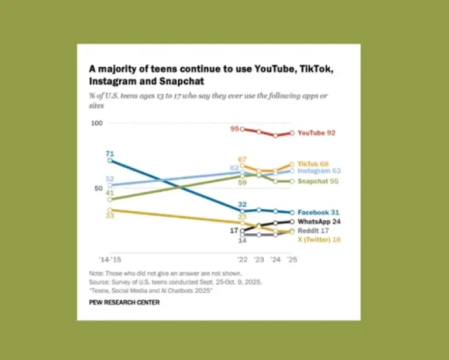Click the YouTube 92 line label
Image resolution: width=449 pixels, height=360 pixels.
click(x=316, y=133)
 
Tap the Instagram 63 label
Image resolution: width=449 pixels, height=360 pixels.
click(x=319, y=171)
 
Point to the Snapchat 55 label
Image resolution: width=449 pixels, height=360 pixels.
click(x=317, y=182)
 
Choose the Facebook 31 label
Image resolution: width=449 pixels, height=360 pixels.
click(x=319, y=212)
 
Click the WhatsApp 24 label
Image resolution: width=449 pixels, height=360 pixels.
click(x=319, y=222)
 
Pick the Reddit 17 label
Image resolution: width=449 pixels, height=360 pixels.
click(x=313, y=231)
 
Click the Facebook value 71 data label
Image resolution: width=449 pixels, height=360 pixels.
click(x=109, y=154)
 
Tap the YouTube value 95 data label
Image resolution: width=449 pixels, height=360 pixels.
click(x=234, y=129)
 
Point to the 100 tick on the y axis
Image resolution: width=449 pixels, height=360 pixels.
click(x=97, y=123)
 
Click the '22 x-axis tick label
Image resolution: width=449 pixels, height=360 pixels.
click(x=242, y=258)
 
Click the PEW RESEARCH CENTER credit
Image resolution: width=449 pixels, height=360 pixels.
click(x=124, y=302)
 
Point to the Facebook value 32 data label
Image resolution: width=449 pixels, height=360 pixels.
click(x=242, y=204)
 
